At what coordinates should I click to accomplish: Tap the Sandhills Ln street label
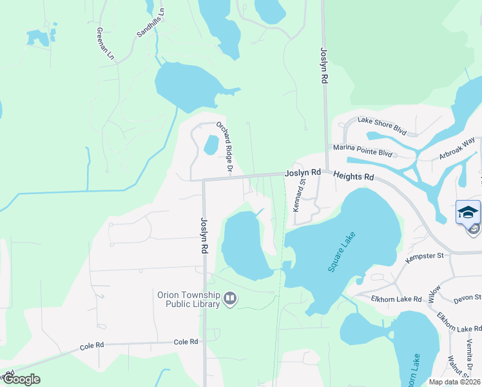151,23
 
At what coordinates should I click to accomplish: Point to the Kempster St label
425,257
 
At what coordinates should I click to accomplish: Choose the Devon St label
467,298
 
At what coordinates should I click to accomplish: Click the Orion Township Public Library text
189,299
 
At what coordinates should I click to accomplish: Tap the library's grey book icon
230,299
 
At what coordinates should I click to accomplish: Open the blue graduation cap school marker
468,212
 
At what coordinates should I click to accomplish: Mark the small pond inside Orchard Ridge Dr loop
211,144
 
